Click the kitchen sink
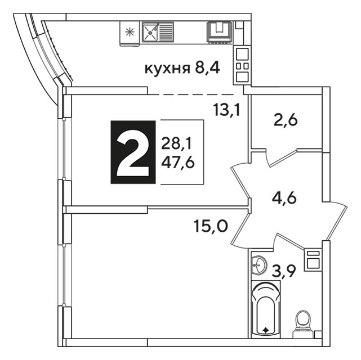pyautogui.click(x=158, y=32)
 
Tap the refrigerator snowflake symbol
pyautogui.click(x=130, y=32)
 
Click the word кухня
pyautogui.click(x=167, y=69)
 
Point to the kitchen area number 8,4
pyautogui.click(x=207, y=68)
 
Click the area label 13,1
pyautogui.click(x=227, y=110)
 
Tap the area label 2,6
pyautogui.click(x=286, y=120)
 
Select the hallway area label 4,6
pyautogui.click(x=284, y=198)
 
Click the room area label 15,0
pyautogui.click(x=211, y=226)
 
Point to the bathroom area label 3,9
pyautogui.click(x=283, y=271)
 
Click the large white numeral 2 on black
pyautogui.click(x=133, y=152)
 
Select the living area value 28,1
pyautogui.click(x=176, y=143)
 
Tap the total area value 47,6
pyautogui.click(x=178, y=163)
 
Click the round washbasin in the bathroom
pyautogui.click(x=259, y=265)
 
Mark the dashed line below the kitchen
pyautogui.click(x=193, y=94)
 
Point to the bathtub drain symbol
pyautogui.click(x=266, y=330)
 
